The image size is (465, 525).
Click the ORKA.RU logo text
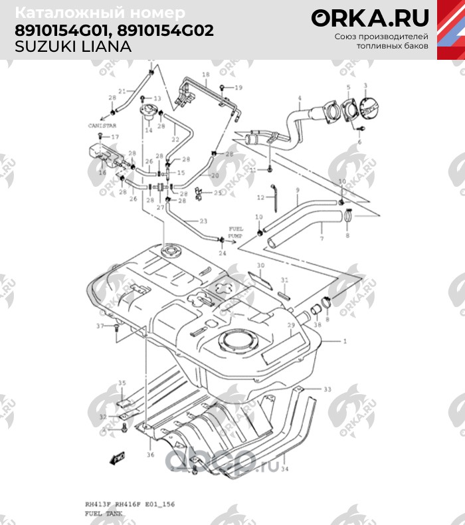(370, 18)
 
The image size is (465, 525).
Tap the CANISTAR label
(102, 124)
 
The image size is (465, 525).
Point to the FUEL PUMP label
(235, 233)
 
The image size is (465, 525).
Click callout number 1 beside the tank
(345, 340)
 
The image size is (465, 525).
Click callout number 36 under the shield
(150, 455)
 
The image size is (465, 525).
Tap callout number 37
(100, 326)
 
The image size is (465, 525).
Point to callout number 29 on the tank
(290, 325)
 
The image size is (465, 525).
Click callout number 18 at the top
(205, 74)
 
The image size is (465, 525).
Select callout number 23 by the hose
(203, 221)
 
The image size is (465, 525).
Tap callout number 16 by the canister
(102, 173)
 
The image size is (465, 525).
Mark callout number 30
(261, 266)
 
